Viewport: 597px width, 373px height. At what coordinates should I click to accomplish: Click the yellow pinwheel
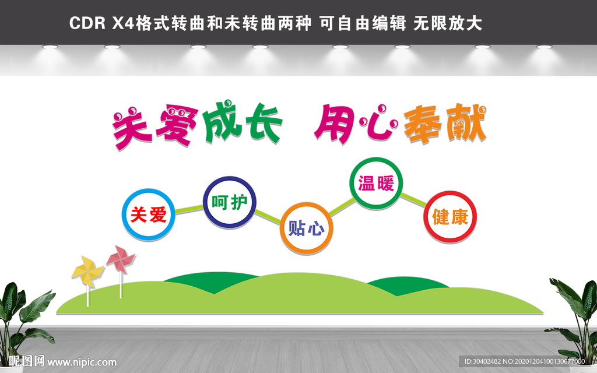point(88,272)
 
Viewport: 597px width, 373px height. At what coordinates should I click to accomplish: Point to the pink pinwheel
point(121,259)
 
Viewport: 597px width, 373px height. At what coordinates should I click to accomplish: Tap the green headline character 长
point(263,123)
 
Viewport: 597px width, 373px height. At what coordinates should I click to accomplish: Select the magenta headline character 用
point(333,124)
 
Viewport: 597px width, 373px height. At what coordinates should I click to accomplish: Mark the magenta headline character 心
point(378,122)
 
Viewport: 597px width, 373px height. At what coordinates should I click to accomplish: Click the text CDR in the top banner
point(87,23)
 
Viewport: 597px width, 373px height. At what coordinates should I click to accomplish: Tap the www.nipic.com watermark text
point(82,363)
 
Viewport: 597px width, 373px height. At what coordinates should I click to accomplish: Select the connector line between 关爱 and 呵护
point(189,209)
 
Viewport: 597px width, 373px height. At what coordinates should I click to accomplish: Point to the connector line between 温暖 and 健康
point(413,200)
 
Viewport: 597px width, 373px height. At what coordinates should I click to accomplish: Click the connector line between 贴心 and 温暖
point(342,207)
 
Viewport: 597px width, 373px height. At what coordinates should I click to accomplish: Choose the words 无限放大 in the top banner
point(448,23)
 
